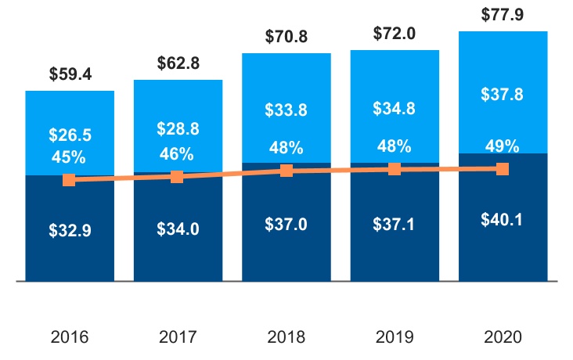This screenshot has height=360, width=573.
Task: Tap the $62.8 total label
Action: pyautogui.click(x=178, y=63)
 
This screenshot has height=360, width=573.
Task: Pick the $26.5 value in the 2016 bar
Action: pyautogui.click(x=70, y=135)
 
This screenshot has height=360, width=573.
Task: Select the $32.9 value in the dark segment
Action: pyautogui.click(x=70, y=231)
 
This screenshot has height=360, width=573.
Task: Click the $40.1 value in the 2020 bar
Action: pyautogui.click(x=503, y=219)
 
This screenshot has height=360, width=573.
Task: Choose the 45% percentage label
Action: pyautogui.click(x=70, y=157)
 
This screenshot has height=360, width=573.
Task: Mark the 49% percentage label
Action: pyautogui.click(x=503, y=146)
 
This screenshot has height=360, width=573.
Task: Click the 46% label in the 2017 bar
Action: pyautogui.click(x=178, y=153)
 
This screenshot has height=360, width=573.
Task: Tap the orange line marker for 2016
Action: pyautogui.click(x=70, y=180)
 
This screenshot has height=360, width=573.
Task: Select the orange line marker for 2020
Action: pyautogui.click(x=503, y=168)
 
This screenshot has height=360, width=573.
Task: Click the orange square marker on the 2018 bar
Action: pyautogui.click(x=286, y=171)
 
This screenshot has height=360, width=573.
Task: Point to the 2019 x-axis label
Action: pyautogui.click(x=395, y=337)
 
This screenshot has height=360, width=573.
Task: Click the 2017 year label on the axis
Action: pyautogui.click(x=178, y=337)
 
